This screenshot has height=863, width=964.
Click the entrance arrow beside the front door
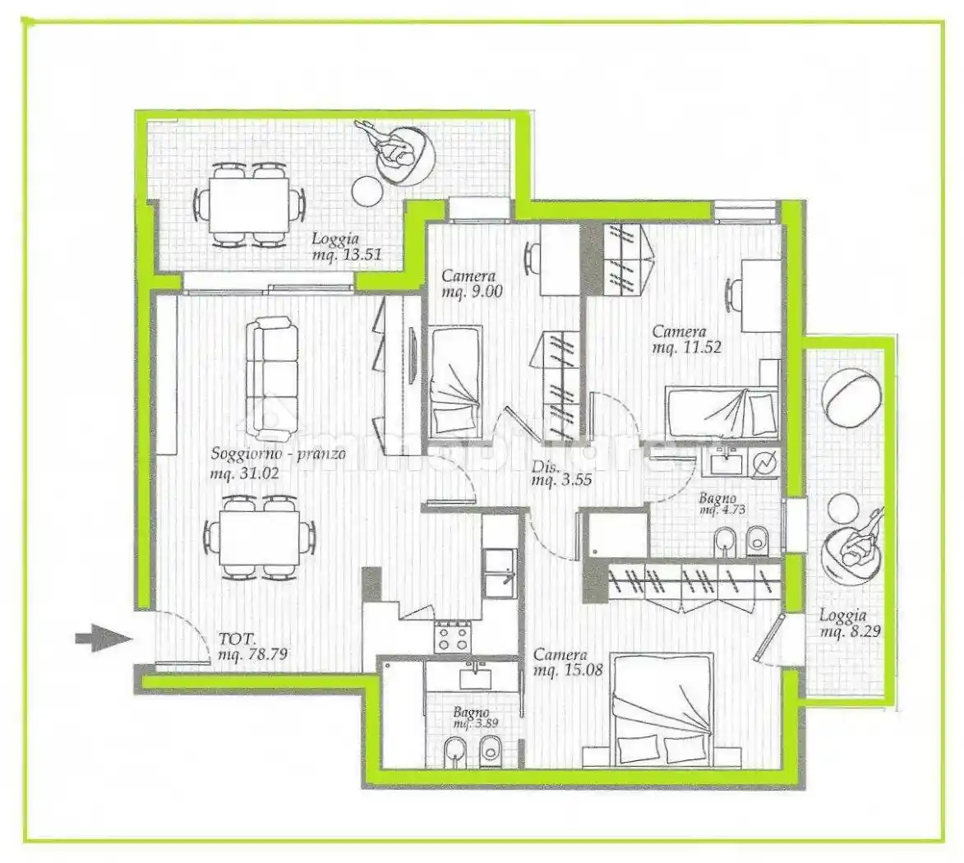point(104,638)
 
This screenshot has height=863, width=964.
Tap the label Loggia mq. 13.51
point(347,246)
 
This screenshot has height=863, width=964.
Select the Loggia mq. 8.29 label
point(849,622)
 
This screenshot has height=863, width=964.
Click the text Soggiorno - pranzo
point(279,454)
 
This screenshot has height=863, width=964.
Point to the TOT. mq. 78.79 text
point(252,646)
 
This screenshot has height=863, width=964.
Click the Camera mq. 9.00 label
point(471,284)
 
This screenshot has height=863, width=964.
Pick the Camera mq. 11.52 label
point(687,339)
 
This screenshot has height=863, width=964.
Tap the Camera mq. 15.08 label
point(568,662)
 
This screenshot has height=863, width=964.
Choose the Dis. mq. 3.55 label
point(561,473)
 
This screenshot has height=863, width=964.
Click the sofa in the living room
point(272,379)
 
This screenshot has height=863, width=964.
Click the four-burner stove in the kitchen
point(453,637)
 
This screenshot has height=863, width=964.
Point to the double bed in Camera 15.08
point(662,710)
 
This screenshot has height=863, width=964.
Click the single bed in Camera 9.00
point(454,382)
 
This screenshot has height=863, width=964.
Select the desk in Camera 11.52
point(761,296)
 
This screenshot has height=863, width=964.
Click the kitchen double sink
point(499,573)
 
